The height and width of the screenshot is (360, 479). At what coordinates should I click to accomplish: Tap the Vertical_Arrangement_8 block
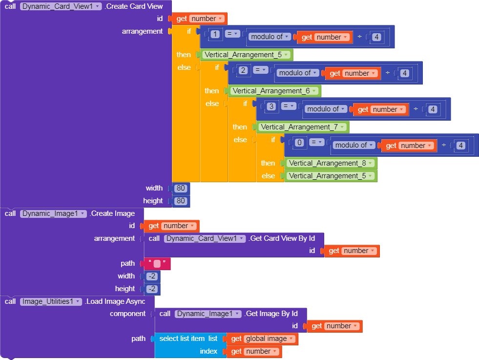pos(330,163)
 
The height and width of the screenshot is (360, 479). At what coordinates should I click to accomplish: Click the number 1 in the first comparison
pos(215,34)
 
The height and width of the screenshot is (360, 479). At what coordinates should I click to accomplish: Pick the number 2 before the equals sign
pos(243,70)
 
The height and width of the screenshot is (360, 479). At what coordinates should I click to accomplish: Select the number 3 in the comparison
pos(271,106)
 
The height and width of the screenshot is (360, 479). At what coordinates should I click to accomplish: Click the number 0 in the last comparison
pos(299,143)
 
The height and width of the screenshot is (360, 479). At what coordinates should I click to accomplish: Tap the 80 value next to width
pos(181,188)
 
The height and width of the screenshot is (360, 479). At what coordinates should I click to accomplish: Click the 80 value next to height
pos(181,201)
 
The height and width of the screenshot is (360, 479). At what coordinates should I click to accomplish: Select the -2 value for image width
pos(152,276)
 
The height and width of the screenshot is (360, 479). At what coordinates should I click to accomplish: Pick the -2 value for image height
pos(152,289)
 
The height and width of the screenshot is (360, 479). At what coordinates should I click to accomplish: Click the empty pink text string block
pos(157,264)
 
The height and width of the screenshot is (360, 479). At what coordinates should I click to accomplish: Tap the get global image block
pos(262,339)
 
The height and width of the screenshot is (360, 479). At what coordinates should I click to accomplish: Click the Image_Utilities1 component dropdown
pos(51,302)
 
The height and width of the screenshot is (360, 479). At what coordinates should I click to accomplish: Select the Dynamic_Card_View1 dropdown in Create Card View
pos(61,6)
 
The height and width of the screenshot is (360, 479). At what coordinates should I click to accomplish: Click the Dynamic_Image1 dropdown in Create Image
pos(53,213)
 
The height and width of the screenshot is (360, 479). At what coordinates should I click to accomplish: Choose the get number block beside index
pos(254,351)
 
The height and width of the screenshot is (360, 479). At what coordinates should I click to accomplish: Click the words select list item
pos(182,339)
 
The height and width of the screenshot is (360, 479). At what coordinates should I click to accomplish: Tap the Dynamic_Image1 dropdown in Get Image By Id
pos(208,314)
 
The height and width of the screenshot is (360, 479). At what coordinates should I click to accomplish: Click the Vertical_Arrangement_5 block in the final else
pos(330,176)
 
